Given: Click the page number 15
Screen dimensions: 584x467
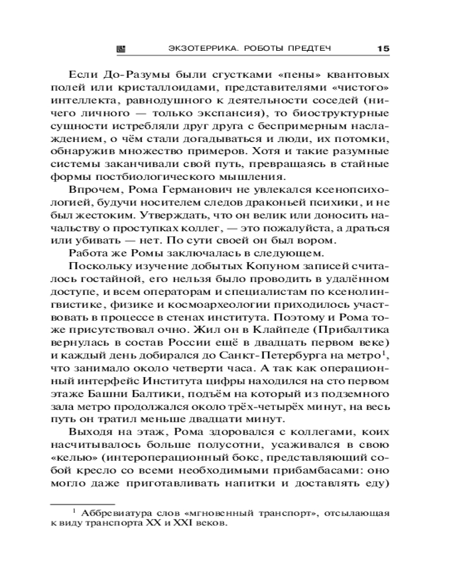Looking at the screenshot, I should (x=384, y=48).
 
